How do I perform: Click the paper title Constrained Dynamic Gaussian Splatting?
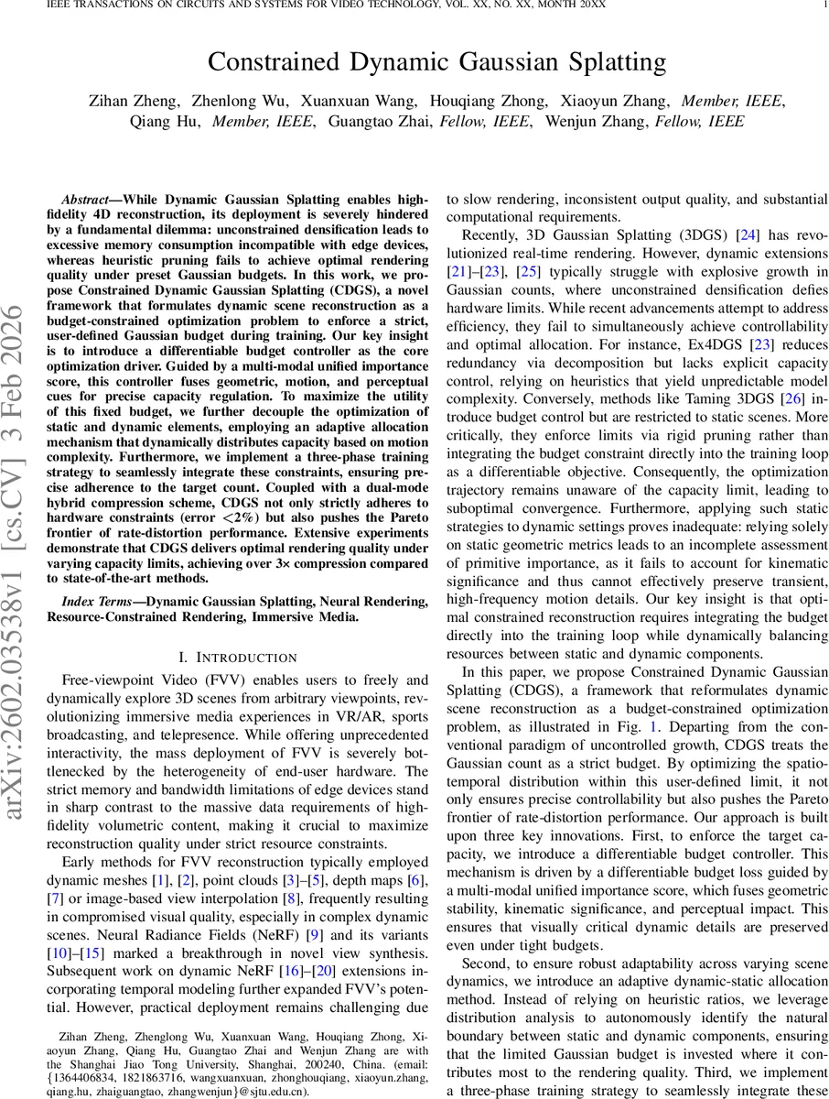(436, 62)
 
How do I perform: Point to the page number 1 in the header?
(824, 5)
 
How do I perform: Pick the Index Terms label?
(98, 602)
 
